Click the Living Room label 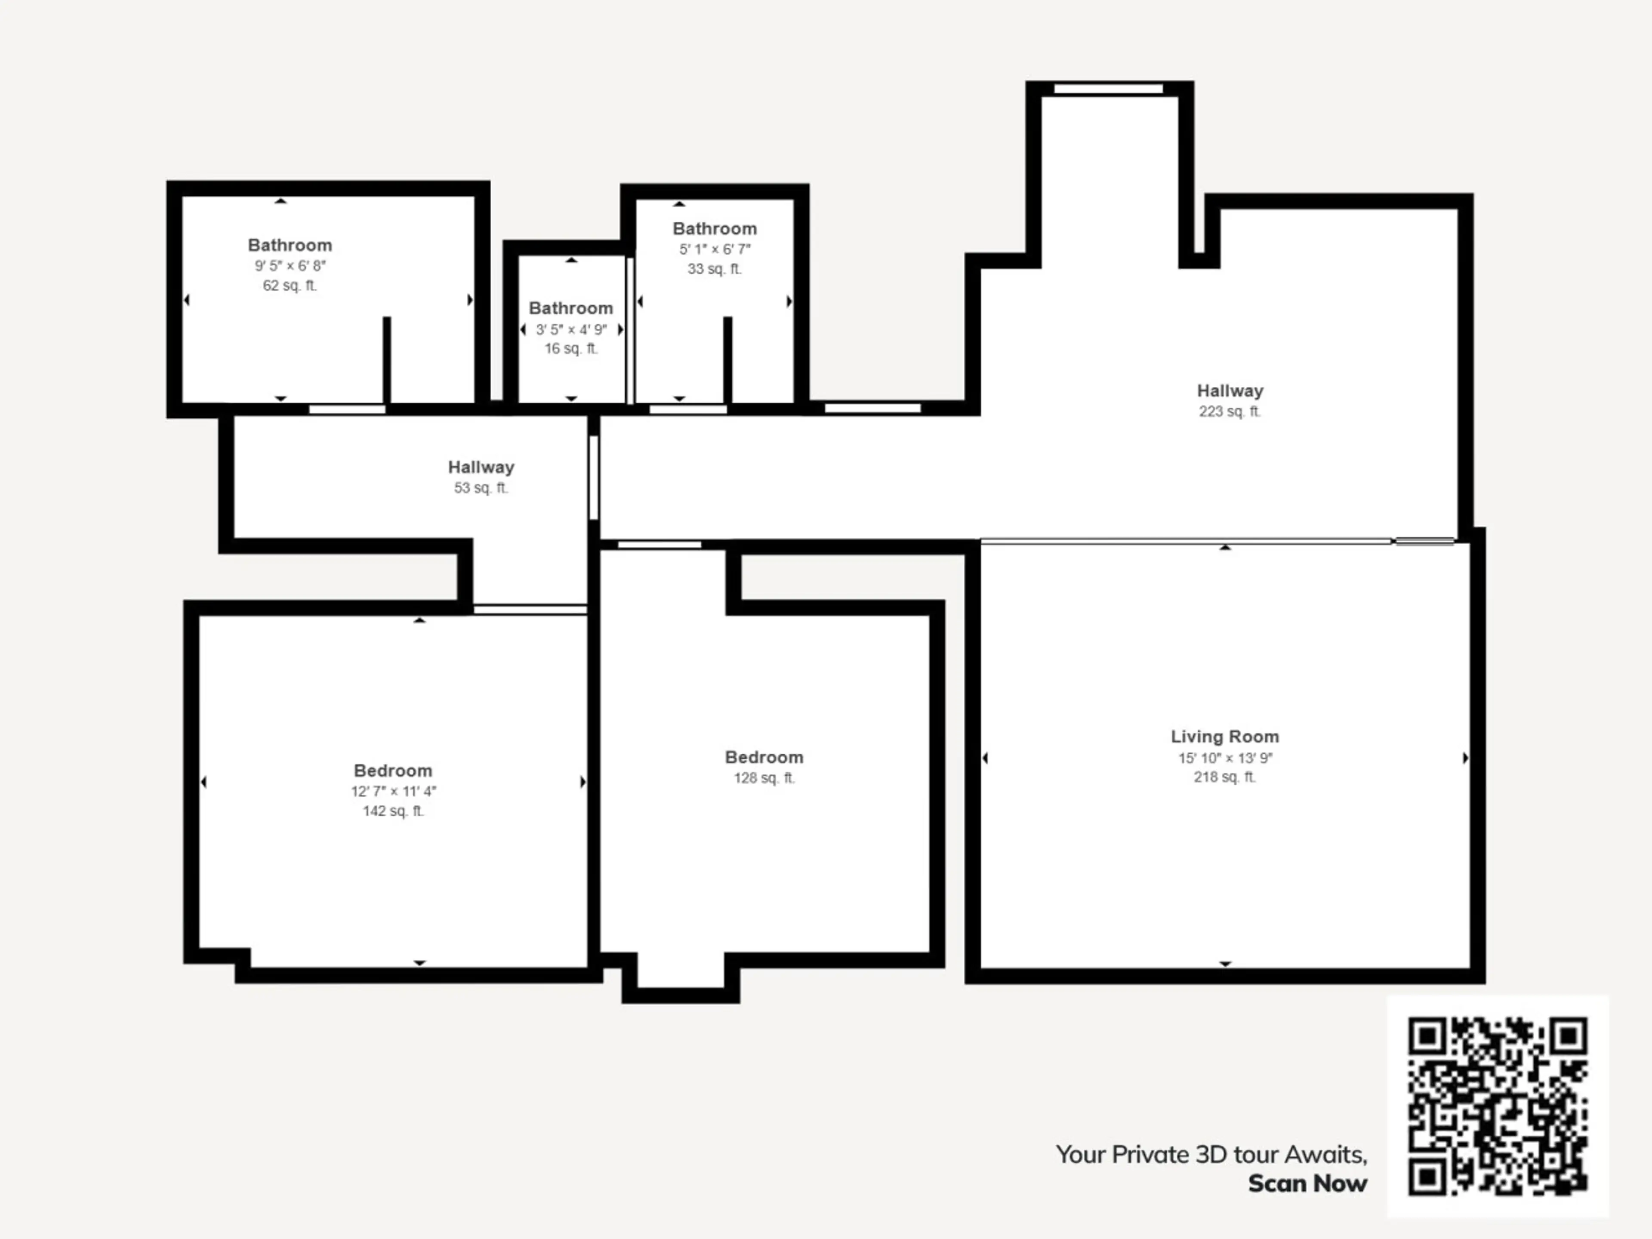(x=1225, y=737)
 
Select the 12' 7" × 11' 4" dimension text (x=394, y=791)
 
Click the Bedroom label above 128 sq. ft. (x=764, y=757)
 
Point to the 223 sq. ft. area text (x=1230, y=412)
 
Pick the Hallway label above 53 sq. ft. (x=481, y=468)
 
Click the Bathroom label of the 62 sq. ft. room (x=290, y=245)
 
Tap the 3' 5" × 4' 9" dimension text (x=571, y=330)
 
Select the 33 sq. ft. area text (x=715, y=269)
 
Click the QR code (x=1498, y=1106)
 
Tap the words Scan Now (x=1308, y=1184)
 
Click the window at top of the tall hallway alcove (x=1108, y=89)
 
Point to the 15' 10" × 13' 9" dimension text (x=1225, y=758)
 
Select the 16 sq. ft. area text (x=571, y=349)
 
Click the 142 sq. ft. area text (x=394, y=811)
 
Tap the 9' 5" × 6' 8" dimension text (x=290, y=265)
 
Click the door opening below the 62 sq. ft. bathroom (x=347, y=409)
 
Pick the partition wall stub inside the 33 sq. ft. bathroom (x=727, y=360)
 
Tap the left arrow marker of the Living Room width (x=985, y=758)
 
